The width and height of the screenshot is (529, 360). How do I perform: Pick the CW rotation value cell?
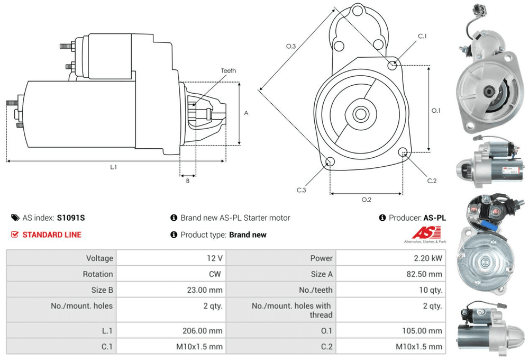click(216, 274)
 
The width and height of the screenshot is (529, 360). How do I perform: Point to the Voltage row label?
click(99, 258)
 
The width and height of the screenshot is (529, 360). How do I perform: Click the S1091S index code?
click(71, 218)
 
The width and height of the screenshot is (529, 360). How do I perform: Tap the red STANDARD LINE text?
click(52, 235)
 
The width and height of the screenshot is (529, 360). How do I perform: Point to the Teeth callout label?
click(229, 70)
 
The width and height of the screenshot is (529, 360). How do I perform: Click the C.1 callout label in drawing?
click(422, 36)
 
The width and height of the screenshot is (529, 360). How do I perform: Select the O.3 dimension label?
click(291, 47)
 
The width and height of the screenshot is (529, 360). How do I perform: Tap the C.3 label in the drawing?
click(302, 190)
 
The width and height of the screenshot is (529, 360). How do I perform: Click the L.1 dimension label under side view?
click(113, 167)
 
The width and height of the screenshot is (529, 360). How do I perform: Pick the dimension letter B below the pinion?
click(187, 181)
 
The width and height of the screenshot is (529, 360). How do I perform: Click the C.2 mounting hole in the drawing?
click(404, 154)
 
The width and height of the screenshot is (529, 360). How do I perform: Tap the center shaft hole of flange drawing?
click(361, 113)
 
